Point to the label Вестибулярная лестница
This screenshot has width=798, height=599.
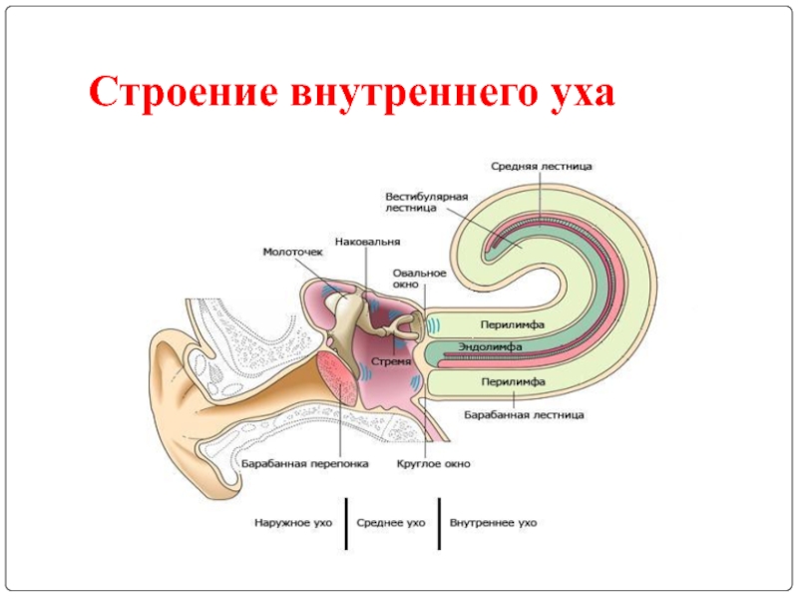pyautogui.click(x=426, y=202)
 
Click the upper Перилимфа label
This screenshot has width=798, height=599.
pyautogui.click(x=510, y=324)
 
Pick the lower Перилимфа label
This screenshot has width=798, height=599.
pyautogui.click(x=510, y=382)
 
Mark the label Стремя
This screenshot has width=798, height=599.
pyautogui.click(x=390, y=360)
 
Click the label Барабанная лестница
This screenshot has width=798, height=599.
pyautogui.click(x=524, y=413)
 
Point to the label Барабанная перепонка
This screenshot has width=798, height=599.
pyautogui.click(x=305, y=464)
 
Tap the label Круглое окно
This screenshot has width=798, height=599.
pyautogui.click(x=433, y=464)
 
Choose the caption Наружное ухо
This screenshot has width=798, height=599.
pyautogui.click(x=292, y=522)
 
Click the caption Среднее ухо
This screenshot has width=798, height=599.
pyautogui.click(x=392, y=522)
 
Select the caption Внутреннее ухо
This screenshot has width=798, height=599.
pyautogui.click(x=493, y=522)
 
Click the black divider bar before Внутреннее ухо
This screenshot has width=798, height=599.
pyautogui.click(x=439, y=522)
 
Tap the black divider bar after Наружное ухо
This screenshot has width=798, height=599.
pyautogui.click(x=346, y=522)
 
